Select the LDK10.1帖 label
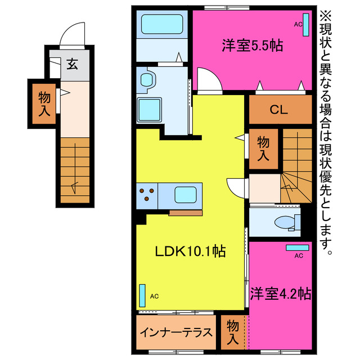[x=190, y=252]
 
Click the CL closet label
[x=279, y=110]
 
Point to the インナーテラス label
[x=175, y=332]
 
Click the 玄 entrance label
[x=73, y=64]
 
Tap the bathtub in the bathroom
[x=163, y=24]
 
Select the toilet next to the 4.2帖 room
[x=286, y=222]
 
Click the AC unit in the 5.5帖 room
[x=307, y=24]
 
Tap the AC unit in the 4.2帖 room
[x=298, y=247]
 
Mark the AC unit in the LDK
[x=142, y=294]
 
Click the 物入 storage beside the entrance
[x=44, y=104]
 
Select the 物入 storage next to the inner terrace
[x=233, y=332]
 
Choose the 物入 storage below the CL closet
[x=263, y=148]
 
